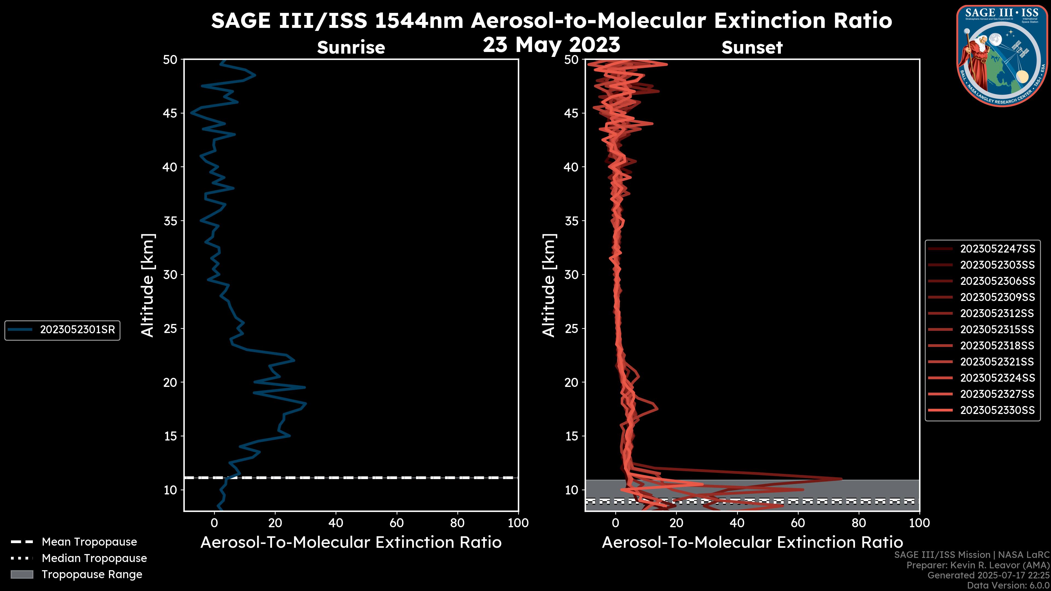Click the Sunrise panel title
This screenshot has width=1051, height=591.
[x=351, y=47]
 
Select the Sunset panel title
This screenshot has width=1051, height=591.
[x=752, y=47]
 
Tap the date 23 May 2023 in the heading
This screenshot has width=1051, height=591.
[x=551, y=45]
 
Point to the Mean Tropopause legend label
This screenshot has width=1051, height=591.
[x=89, y=542]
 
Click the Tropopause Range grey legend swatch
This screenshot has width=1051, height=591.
[x=22, y=574]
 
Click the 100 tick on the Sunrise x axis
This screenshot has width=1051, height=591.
[x=518, y=523]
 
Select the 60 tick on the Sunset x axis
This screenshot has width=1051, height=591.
[x=798, y=523]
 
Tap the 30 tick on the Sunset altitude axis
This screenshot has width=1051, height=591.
[x=571, y=274]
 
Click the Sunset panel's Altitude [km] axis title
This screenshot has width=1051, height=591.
[x=549, y=285]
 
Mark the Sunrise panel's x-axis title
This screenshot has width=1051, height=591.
[x=351, y=543]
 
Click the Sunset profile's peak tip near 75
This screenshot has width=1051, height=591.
[x=841, y=479]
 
